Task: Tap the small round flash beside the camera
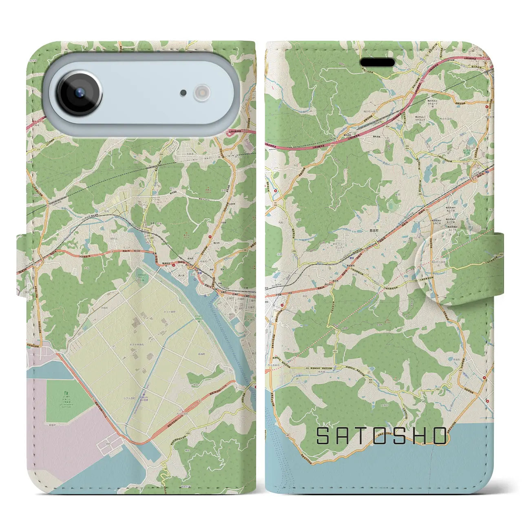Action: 201,93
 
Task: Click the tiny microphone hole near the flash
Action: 184,93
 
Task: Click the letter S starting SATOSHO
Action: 323,436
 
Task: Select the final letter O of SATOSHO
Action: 440,436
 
